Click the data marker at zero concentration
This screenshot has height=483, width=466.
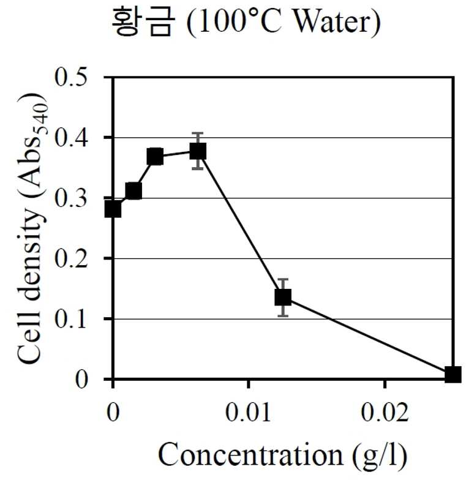(x=113, y=209)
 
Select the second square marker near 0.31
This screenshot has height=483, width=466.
(x=133, y=191)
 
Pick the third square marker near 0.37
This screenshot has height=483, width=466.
(x=155, y=157)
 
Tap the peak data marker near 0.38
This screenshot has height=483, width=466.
(x=198, y=151)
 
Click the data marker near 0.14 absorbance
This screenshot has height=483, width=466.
(x=283, y=297)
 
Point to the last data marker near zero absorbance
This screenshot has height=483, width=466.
(x=453, y=374)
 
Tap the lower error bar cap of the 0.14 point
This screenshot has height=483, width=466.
(x=283, y=316)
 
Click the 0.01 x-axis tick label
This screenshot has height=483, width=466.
(x=249, y=412)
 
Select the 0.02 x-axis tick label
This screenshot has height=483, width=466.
(x=385, y=412)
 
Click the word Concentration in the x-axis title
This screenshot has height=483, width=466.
(x=250, y=455)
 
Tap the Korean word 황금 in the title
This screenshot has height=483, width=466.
(x=143, y=21)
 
